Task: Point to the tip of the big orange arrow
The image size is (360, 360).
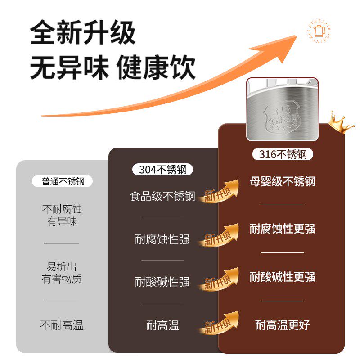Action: pos(295,37)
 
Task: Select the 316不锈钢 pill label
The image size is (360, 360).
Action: pos(283,154)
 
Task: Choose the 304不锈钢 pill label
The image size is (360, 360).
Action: pos(162,170)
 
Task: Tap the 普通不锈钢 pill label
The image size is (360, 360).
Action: pos(63,181)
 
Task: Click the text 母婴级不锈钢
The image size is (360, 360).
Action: pos(283,181)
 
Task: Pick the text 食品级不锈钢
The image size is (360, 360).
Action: pos(162,196)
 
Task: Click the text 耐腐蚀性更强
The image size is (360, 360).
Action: pos(283,229)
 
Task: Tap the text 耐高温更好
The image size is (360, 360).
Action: pos(283,324)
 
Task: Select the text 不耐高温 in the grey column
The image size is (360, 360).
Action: pos(62,325)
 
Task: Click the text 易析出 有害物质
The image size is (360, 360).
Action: pos(62,272)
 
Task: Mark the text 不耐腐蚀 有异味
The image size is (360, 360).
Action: pos(62,215)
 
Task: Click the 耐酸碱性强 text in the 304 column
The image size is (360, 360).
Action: pos(162,282)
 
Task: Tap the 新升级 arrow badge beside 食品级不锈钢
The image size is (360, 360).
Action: pos(219,192)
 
